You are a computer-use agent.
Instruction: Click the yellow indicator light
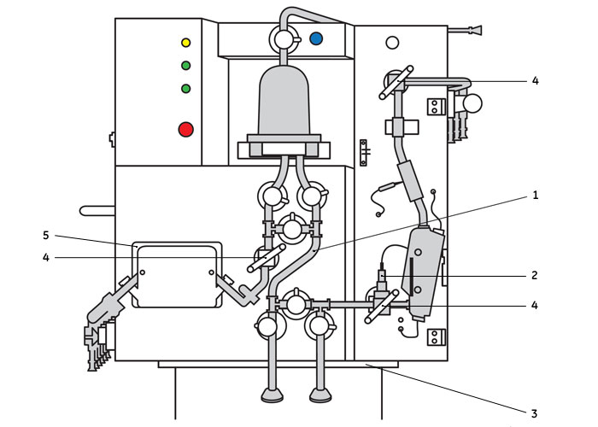pyautogui.click(x=185, y=42)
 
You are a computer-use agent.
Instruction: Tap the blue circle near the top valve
pyautogui.click(x=316, y=38)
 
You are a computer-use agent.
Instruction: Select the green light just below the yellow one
pyautogui.click(x=185, y=65)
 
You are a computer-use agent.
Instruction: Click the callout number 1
pyautogui.click(x=536, y=196)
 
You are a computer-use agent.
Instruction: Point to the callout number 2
pyautogui.click(x=535, y=275)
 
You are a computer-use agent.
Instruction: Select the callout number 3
pyautogui.click(x=535, y=413)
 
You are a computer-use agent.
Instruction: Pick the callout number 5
pyautogui.click(x=46, y=234)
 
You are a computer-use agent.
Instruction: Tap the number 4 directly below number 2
pyautogui.click(x=535, y=303)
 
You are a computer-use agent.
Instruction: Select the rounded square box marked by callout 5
pyautogui.click(x=177, y=274)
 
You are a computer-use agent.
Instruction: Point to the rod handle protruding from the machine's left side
pyautogui.click(x=97, y=209)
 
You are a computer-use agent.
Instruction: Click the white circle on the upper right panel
pyautogui.click(x=392, y=42)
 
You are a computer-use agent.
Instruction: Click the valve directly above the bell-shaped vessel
pyautogui.click(x=282, y=38)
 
